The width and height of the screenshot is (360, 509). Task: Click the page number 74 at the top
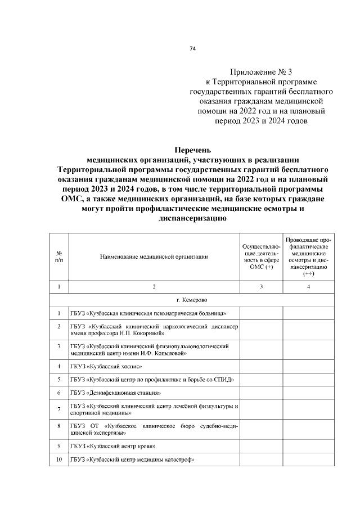point(192,49)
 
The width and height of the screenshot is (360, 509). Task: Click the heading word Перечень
point(192,150)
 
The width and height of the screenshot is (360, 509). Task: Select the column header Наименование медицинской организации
point(154,257)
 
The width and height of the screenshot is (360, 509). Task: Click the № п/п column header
point(59,257)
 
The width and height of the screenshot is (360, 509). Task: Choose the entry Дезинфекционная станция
point(116,392)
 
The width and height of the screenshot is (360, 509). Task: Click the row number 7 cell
point(59,409)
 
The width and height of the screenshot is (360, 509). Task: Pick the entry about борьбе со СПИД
point(152,380)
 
